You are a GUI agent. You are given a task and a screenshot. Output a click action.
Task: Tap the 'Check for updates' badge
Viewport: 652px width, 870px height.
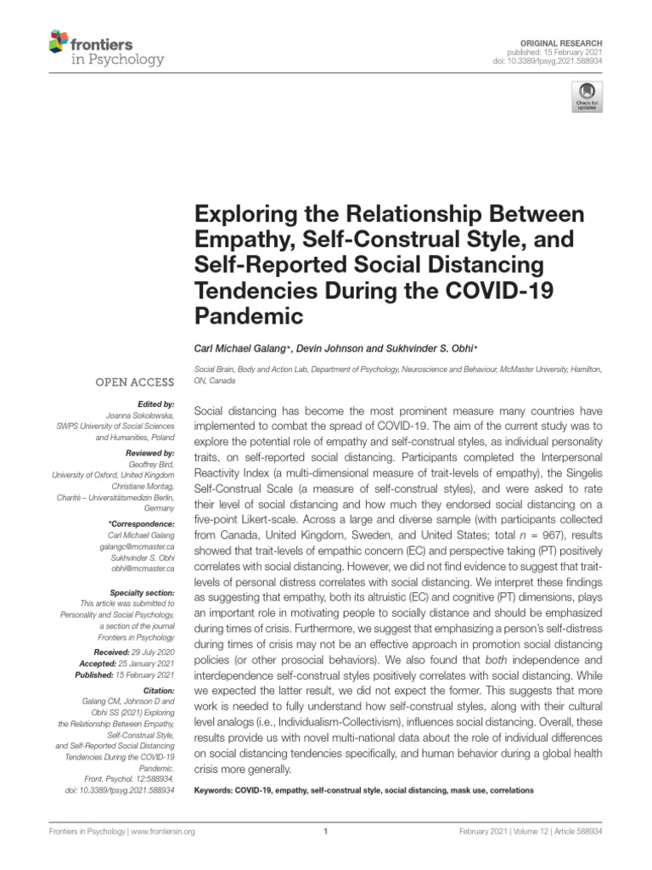(x=587, y=96)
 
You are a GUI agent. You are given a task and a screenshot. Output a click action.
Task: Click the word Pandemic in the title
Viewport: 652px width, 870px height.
(x=249, y=317)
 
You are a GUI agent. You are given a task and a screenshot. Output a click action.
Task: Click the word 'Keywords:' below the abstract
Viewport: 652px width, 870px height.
(x=213, y=790)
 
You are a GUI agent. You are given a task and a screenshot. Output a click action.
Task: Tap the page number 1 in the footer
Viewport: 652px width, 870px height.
(x=326, y=832)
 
